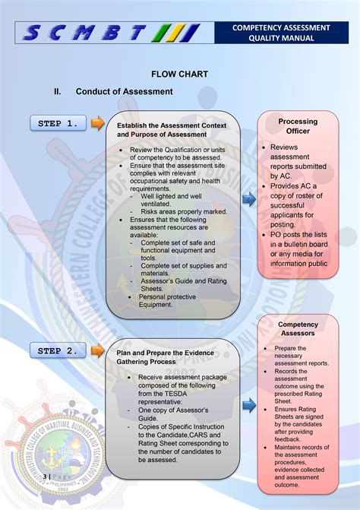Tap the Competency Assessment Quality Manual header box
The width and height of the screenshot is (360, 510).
point(281,33)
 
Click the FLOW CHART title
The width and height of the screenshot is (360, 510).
point(179,74)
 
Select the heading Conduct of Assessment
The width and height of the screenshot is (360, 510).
point(124,92)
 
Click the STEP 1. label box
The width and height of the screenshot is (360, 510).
point(58,123)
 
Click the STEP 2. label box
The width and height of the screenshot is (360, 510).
point(58,350)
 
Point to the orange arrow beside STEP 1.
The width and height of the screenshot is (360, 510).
point(97,123)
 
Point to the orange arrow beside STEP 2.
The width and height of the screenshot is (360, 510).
point(97,350)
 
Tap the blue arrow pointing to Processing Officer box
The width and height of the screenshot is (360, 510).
point(248,200)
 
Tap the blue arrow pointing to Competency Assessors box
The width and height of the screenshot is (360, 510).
point(248,405)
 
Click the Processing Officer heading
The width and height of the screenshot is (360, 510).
point(298,126)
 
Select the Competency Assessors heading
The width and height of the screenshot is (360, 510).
point(298,328)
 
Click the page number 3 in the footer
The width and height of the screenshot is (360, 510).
point(46,477)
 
